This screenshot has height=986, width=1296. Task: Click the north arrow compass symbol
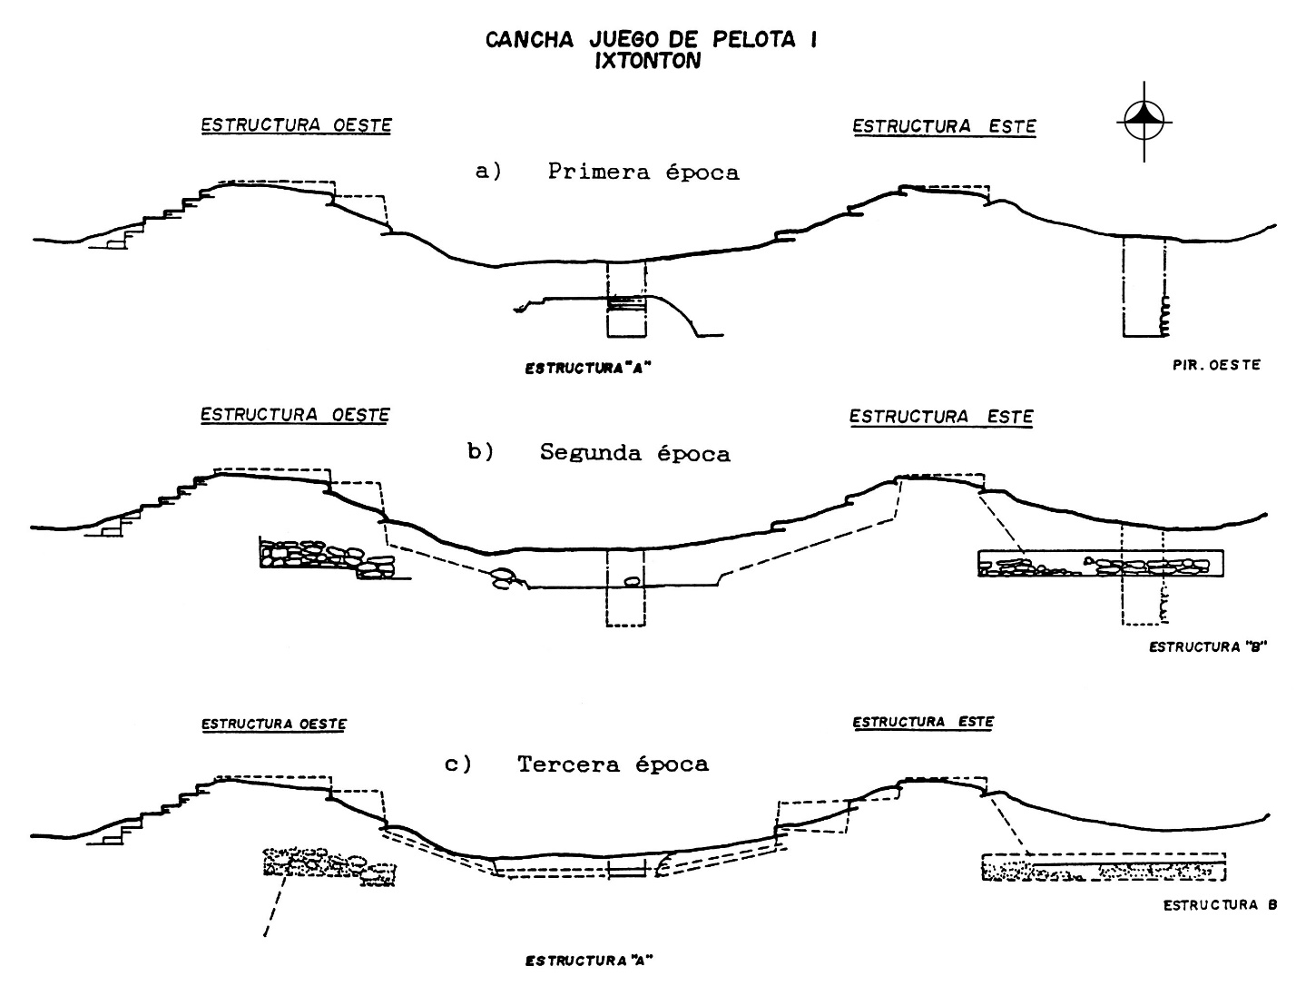(x=1144, y=122)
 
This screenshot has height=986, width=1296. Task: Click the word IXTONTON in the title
(x=648, y=61)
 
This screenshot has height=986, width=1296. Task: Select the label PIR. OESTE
(x=1216, y=365)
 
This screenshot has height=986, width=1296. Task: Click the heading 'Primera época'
(x=643, y=172)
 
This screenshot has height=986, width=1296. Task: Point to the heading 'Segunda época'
(x=634, y=453)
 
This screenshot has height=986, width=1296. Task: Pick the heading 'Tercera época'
(x=613, y=764)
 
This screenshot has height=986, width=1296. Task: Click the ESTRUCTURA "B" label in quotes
(x=1207, y=647)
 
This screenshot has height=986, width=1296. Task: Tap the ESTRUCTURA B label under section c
(x=1220, y=905)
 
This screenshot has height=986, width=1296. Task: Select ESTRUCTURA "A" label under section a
(x=588, y=369)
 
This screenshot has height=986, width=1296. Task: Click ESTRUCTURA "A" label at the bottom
(x=589, y=961)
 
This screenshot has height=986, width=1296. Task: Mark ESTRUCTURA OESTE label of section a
(x=297, y=125)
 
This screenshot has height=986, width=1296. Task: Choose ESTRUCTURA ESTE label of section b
(x=941, y=417)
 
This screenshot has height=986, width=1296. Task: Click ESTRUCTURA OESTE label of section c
(x=274, y=724)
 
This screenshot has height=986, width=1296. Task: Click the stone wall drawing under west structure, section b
(x=329, y=557)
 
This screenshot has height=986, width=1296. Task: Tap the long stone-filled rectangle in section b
(x=1100, y=563)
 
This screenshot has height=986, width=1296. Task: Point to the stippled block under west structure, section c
(x=329, y=867)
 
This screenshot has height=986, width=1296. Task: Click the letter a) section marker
(x=488, y=172)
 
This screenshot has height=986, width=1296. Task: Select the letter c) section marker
(x=458, y=764)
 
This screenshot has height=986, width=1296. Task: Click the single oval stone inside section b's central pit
(x=631, y=581)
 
